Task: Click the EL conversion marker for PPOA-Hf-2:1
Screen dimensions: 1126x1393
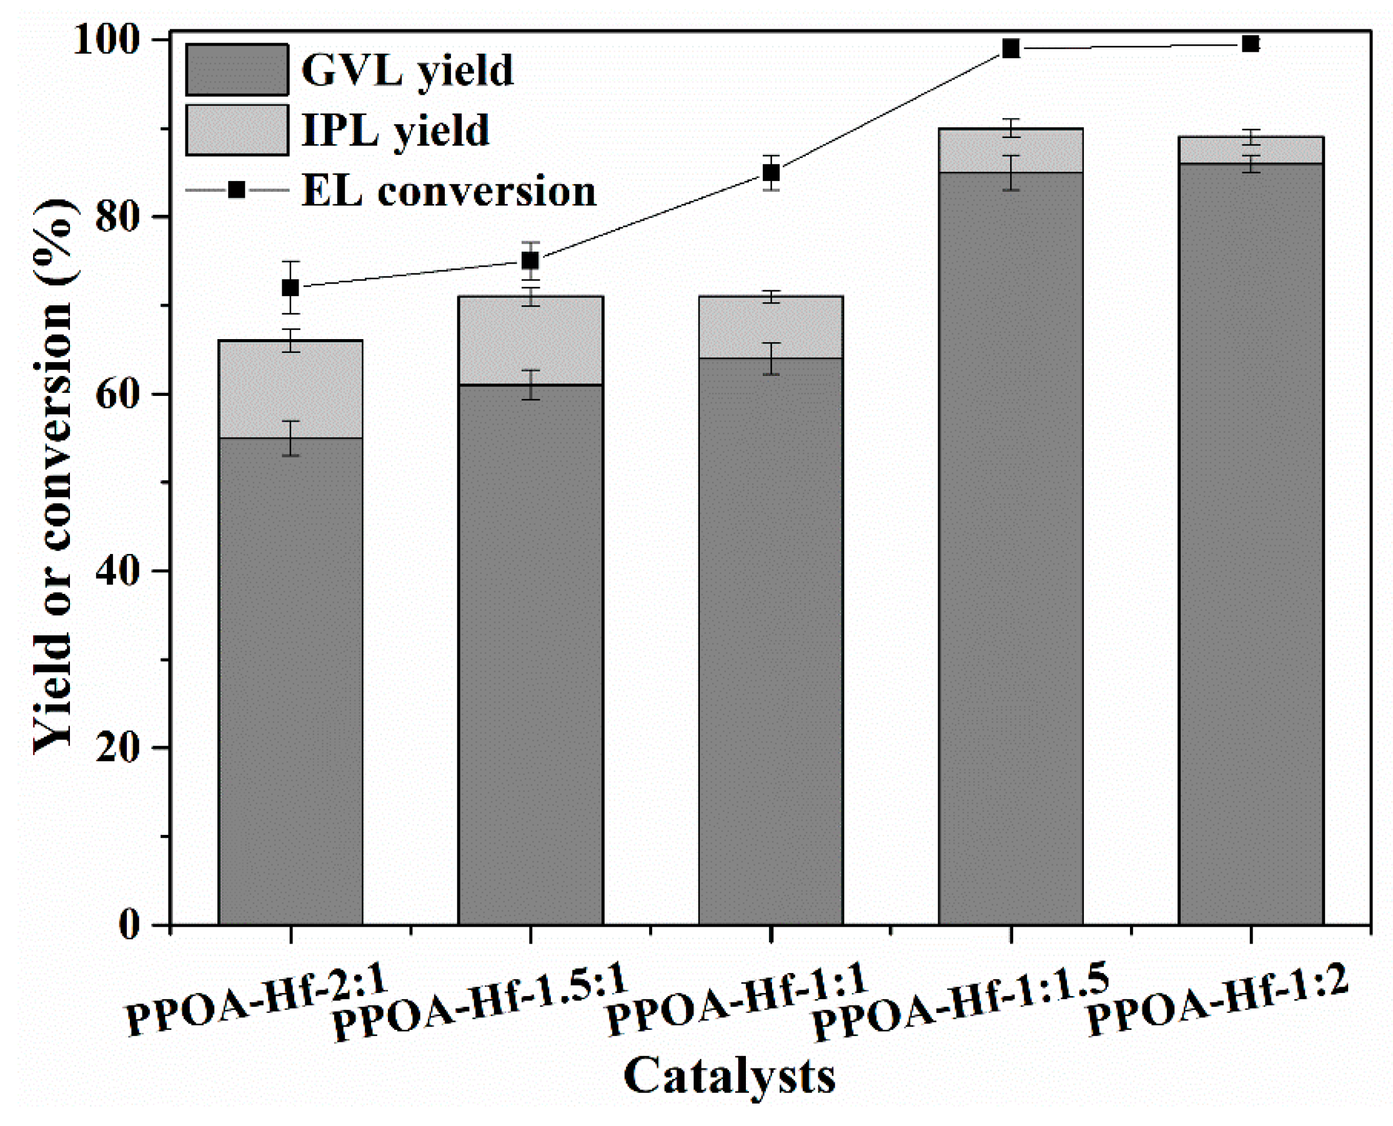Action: coord(290,287)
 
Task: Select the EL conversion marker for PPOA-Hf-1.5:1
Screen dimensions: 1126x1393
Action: coord(530,261)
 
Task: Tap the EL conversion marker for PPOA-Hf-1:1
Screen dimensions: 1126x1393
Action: coord(770,173)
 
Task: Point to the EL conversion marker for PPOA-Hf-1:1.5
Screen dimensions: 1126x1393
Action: coord(1010,49)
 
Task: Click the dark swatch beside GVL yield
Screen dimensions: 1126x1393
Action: coord(237,70)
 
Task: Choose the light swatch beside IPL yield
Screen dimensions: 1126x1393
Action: coord(237,131)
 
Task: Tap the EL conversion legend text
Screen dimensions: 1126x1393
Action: coord(449,191)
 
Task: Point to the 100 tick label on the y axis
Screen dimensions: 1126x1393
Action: coord(107,40)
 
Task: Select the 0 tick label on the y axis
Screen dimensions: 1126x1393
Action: coord(129,924)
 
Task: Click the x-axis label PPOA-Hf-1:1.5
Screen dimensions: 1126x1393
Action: coord(960,1002)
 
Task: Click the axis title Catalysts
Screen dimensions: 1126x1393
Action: coord(729,1077)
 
